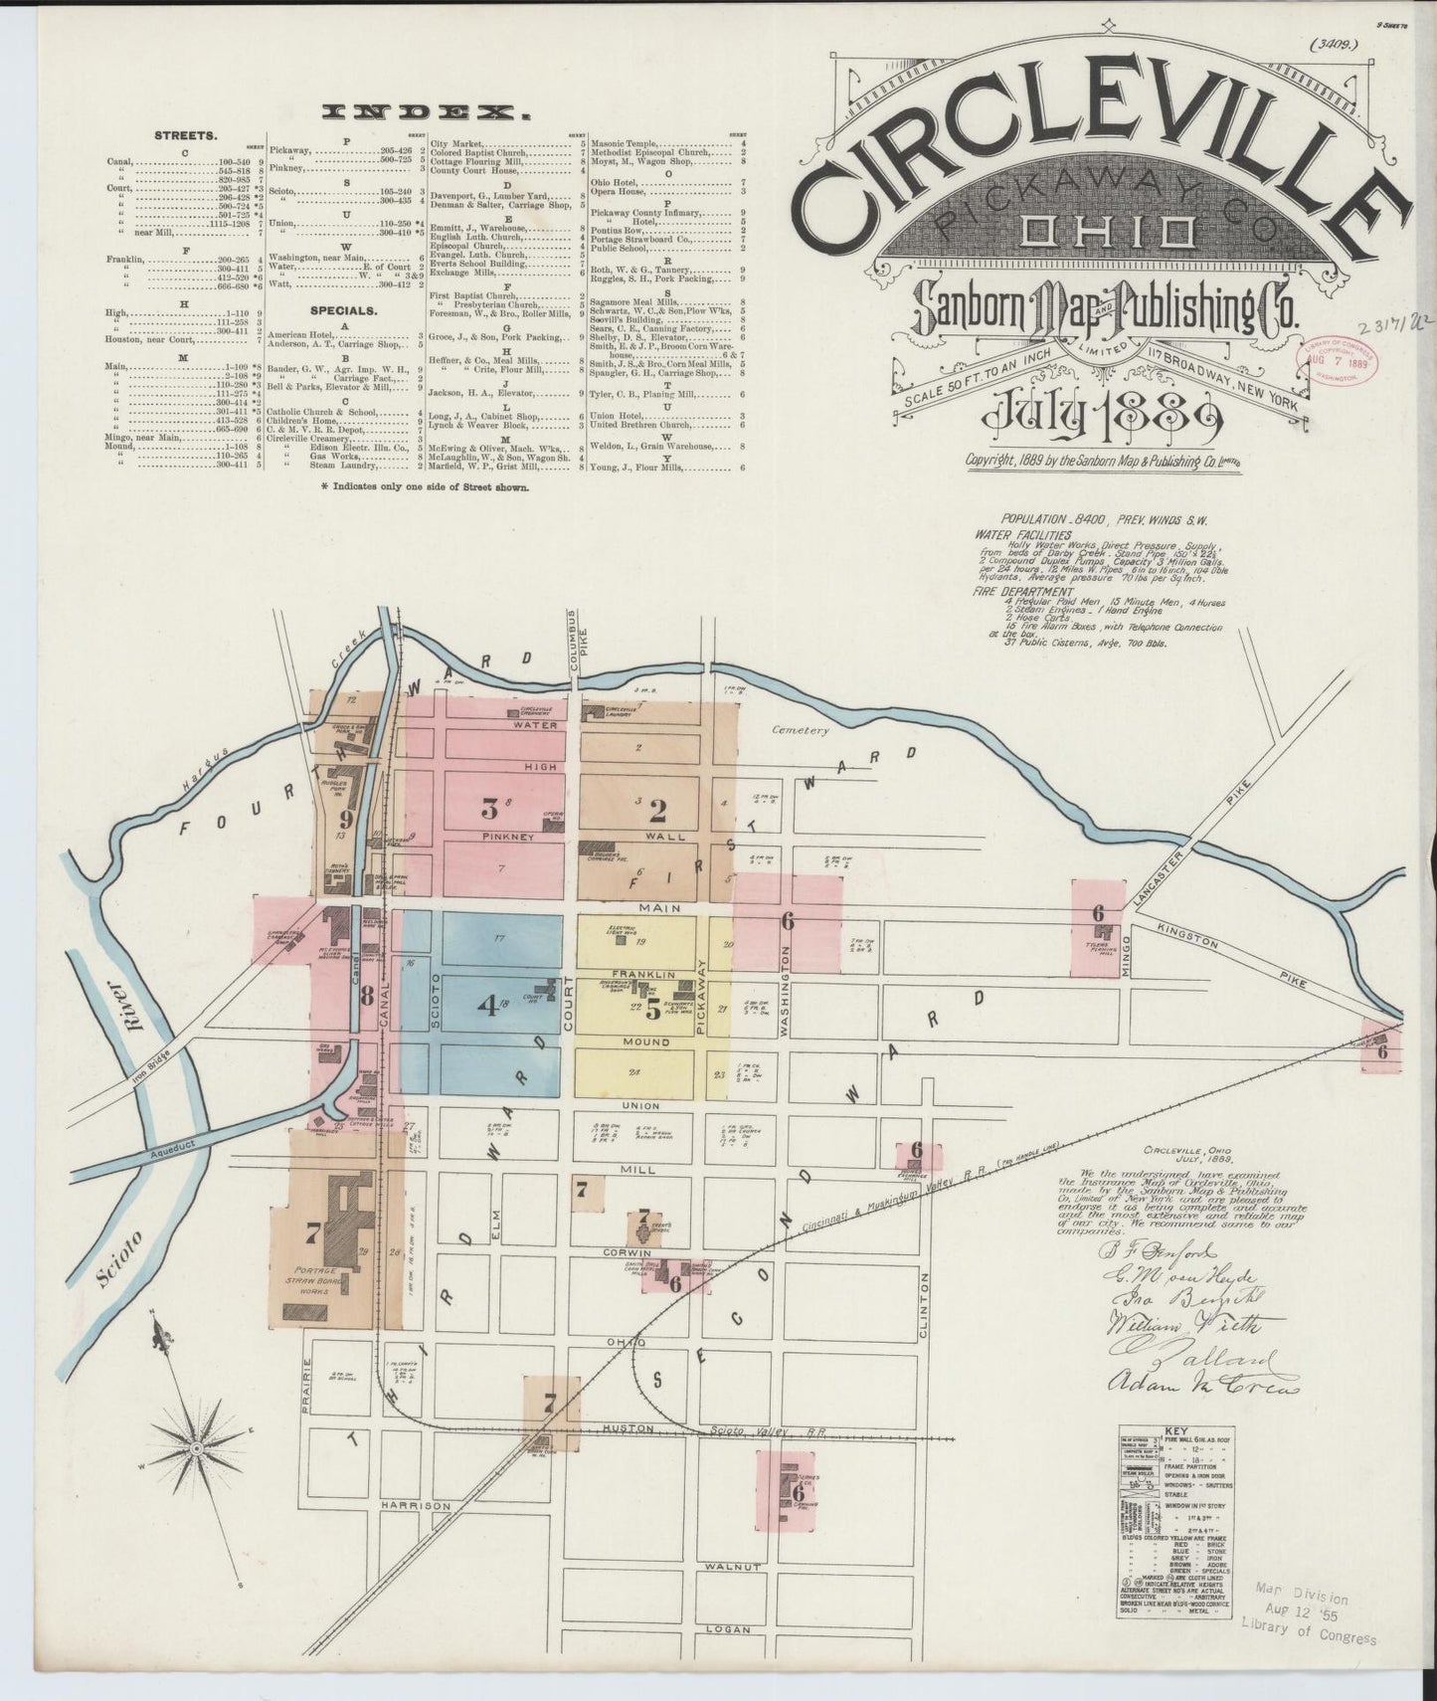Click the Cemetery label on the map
pyautogui.click(x=801, y=730)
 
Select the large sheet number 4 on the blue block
pyautogui.click(x=487, y=1006)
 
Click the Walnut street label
pyautogui.click(x=733, y=1567)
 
